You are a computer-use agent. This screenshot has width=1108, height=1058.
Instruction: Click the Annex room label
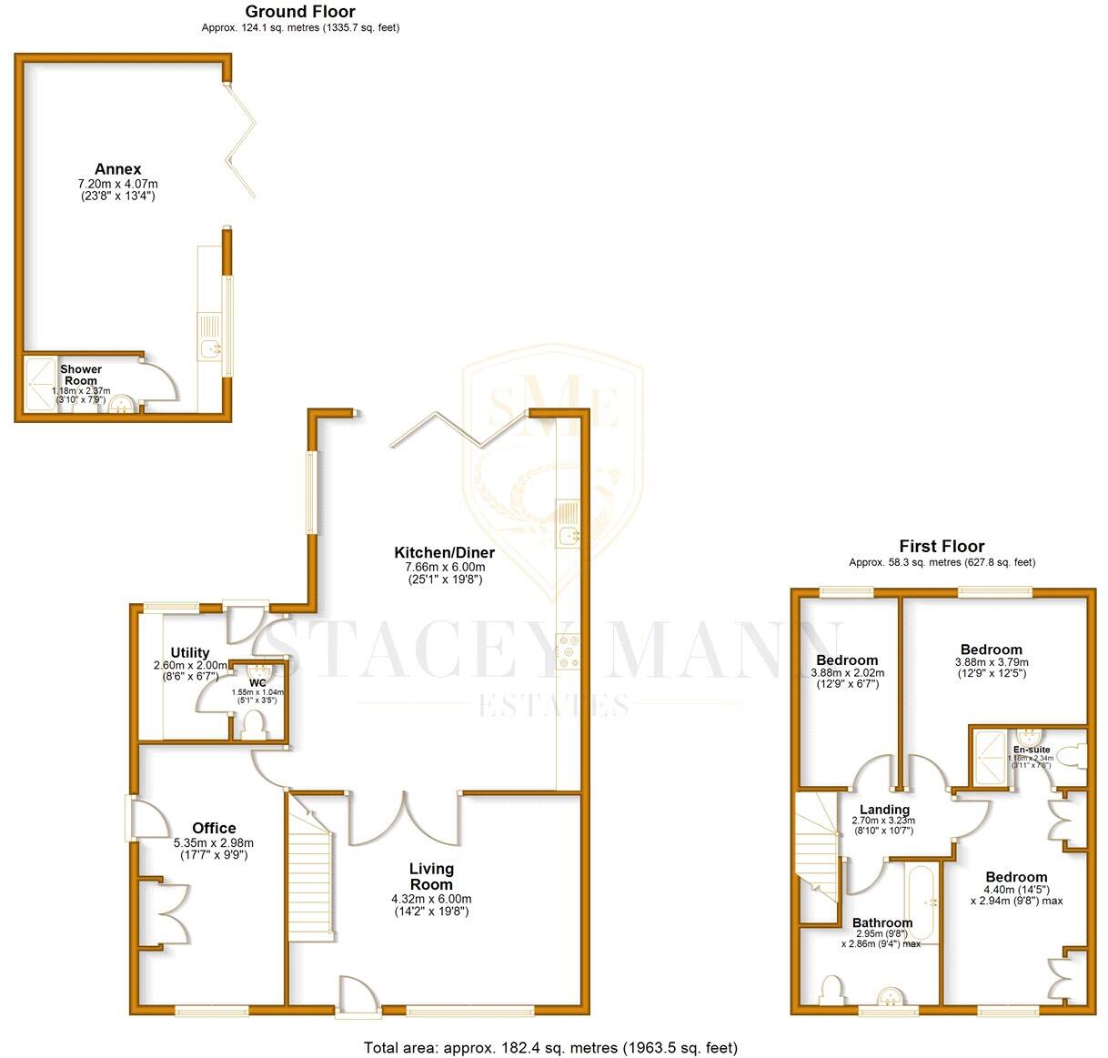[x=118, y=169]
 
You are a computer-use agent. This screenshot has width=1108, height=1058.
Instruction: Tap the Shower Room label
[x=81, y=375]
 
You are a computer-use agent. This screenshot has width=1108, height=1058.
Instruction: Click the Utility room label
[x=190, y=652]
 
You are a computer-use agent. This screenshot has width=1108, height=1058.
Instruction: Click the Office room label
[x=214, y=828]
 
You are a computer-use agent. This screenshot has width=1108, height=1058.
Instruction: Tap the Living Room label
[x=431, y=876]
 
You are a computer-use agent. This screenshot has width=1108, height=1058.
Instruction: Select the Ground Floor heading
[x=300, y=12]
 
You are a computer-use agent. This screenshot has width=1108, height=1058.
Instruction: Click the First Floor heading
[x=942, y=546]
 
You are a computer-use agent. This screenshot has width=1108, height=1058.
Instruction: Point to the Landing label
[x=884, y=810]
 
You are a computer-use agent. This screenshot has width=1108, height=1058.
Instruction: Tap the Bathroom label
[x=881, y=922]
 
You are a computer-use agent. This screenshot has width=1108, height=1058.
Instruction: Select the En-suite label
[x=1032, y=750]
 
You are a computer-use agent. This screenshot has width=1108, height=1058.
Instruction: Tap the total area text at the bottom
[x=550, y=1048]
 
